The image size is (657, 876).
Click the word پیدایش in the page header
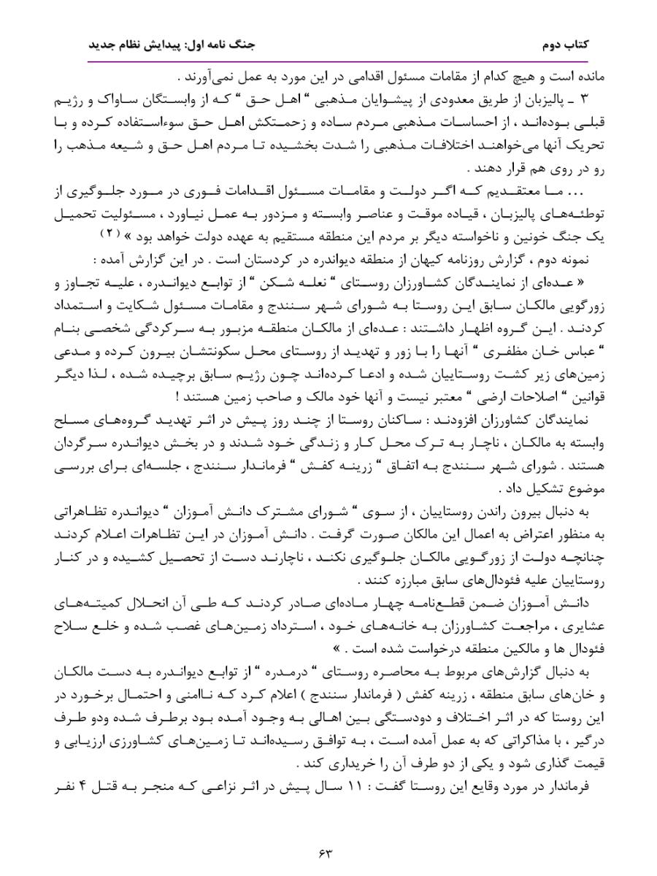pyautogui.click(x=159, y=45)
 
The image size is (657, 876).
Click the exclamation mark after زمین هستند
pyautogui.click(x=177, y=398)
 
